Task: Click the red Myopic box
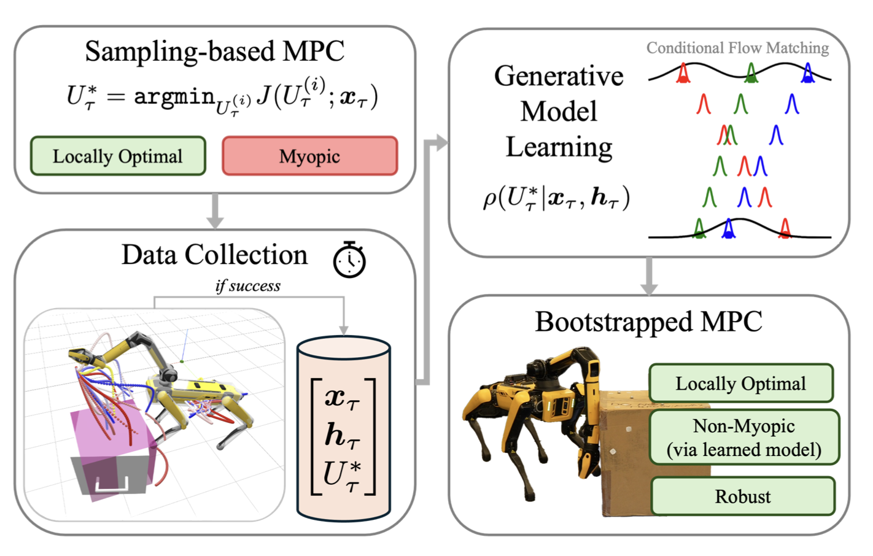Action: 309,156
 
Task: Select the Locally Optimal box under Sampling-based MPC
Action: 118,156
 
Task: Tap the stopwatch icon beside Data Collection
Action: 349,260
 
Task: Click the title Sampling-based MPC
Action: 214,52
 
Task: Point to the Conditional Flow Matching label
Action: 737,48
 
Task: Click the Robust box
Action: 742,496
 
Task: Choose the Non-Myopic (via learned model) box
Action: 743,438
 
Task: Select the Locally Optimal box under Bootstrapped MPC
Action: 740,384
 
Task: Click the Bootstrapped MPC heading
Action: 648,322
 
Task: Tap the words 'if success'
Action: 248,286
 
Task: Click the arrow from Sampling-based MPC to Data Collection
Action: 214,211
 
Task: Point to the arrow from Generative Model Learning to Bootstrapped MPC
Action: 648,276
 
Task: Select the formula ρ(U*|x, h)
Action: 556,198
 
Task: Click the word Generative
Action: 558,76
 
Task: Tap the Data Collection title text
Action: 214,255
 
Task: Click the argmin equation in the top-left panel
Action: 222,97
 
